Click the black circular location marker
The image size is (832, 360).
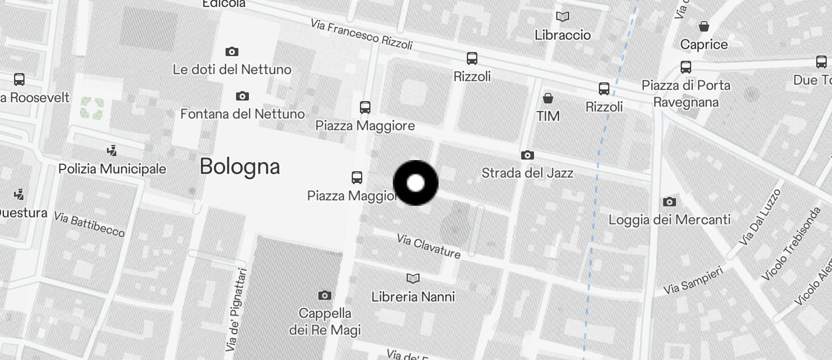[415, 183]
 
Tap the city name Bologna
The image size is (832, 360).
[240, 167]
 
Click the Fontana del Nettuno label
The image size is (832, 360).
[242, 113]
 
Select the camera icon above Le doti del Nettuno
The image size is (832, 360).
[232, 51]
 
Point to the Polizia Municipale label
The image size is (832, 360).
[112, 169]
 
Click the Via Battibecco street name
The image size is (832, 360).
[89, 224]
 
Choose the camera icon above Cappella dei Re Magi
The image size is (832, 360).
[325, 295]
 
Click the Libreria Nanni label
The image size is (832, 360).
[413, 297]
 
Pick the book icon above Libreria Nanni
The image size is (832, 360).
[413, 279]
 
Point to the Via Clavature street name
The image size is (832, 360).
[428, 246]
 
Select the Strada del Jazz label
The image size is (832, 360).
[527, 173]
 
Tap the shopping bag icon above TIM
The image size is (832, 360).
[548, 98]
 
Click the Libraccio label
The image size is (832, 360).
[563, 35]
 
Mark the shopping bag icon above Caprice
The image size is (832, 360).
[704, 26]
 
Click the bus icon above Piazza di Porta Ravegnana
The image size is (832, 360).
[686, 67]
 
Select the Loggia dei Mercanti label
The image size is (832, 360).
[670, 220]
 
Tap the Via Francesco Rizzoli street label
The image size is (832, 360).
[362, 35]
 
